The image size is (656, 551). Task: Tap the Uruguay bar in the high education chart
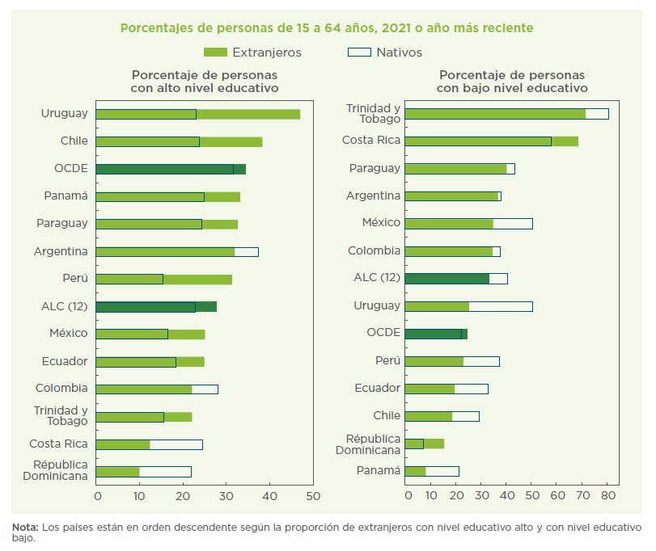pyautogui.click(x=197, y=114)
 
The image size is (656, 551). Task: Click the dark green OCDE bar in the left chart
pyautogui.click(x=170, y=169)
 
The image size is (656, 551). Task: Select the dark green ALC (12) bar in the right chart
pyautogui.click(x=447, y=279)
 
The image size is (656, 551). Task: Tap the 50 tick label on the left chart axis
pyautogui.click(x=313, y=495)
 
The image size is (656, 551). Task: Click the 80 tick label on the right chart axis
pyautogui.click(x=609, y=495)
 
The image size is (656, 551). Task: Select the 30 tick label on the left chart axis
pyautogui.click(x=226, y=495)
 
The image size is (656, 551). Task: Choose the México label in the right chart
pyautogui.click(x=381, y=223)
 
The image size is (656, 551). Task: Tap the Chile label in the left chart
pyautogui.click(x=74, y=141)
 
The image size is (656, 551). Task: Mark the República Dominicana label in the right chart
pyautogui.click(x=373, y=444)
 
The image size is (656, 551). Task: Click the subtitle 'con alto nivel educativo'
pyautogui.click(x=205, y=88)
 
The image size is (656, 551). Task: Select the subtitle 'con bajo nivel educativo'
pyautogui.click(x=512, y=88)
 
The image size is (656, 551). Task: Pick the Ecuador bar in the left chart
pyautogui.click(x=150, y=361)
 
